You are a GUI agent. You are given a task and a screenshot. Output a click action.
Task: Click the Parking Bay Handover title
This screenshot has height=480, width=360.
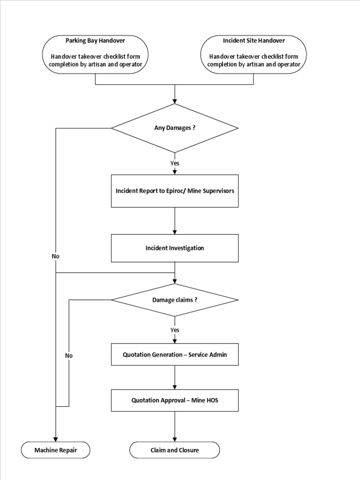pos(95,41)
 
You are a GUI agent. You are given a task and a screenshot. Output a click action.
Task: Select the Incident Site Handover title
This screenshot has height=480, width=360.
pos(254,41)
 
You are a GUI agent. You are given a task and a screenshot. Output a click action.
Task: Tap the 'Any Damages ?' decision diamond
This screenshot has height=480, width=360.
pos(174,128)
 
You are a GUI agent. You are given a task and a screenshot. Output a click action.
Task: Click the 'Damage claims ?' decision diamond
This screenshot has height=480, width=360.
pos(174,300)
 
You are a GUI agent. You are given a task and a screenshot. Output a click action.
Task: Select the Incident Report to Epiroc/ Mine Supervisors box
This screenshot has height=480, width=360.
pos(174,191)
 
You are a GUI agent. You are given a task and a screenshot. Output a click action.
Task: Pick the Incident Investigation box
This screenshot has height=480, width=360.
pos(174,248)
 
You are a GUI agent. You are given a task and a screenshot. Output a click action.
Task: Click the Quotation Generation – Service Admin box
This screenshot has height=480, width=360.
pos(174,354)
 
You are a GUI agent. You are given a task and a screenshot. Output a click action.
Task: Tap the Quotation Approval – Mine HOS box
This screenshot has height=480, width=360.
pos(174,400)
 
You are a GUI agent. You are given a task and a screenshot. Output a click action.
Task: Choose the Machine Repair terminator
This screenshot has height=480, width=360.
pos(55,450)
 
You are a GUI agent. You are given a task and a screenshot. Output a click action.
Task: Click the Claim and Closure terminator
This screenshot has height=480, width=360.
pos(174,450)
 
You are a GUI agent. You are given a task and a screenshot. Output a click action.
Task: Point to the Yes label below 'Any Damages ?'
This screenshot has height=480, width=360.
pos(175,164)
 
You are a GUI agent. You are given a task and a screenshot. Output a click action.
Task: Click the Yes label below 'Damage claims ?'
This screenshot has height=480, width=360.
pos(175,330)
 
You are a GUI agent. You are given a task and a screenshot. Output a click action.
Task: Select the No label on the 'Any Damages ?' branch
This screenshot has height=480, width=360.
pos(56,256)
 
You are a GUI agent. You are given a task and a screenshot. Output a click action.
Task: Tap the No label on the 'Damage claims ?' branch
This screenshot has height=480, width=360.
pos(69,355)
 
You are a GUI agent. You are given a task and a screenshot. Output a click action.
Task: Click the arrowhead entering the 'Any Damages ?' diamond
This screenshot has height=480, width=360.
pos(175,101)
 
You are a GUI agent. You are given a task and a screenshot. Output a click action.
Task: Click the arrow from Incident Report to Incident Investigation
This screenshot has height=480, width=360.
pos(175,220)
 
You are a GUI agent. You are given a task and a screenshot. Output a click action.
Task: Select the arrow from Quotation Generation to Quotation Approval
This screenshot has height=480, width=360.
pos(175,377)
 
